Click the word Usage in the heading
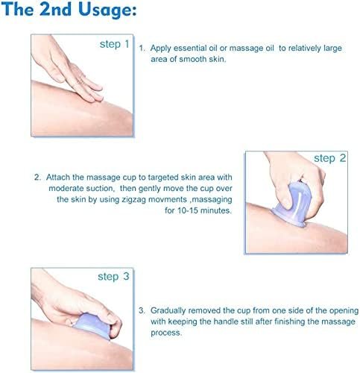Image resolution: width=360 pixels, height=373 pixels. pos(107,10)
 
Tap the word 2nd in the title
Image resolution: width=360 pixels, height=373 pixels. pos(55,10)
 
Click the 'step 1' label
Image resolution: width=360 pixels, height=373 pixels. pos(114,44)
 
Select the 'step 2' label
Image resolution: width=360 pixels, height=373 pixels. pos(329,158)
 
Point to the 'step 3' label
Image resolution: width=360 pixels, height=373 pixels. pos(113,277)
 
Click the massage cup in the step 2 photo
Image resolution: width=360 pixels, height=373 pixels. pos(292,204)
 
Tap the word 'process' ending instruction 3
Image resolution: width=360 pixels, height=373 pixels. pos(166,333)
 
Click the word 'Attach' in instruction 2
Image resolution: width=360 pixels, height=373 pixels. pos(58,178)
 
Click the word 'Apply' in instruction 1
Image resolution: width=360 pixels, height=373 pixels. pos(160,48)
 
